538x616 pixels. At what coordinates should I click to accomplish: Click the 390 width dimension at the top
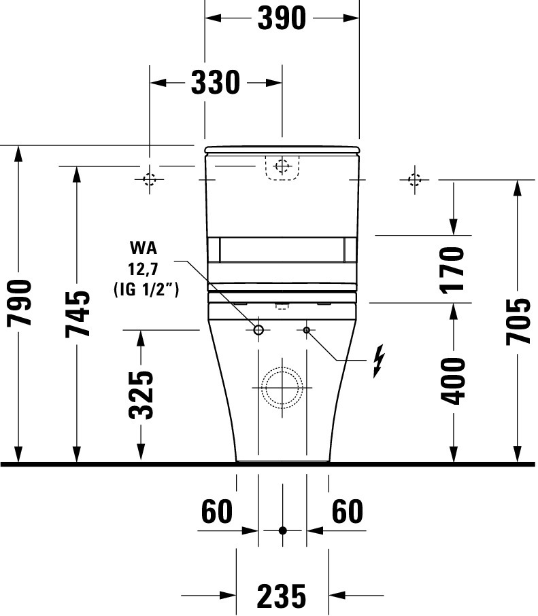click(x=282, y=18)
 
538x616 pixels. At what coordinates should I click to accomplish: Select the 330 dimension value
click(x=215, y=83)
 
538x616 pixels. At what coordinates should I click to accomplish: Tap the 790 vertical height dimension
click(x=20, y=302)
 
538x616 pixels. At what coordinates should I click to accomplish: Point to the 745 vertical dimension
click(x=78, y=314)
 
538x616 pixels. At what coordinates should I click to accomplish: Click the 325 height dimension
click(x=141, y=394)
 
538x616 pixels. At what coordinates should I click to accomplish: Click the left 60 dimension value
click(x=217, y=512)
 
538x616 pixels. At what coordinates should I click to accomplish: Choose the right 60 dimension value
click(x=347, y=512)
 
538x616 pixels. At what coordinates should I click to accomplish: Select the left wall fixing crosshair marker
click(x=150, y=179)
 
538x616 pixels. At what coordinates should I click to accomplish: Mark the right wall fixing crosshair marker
click(x=414, y=179)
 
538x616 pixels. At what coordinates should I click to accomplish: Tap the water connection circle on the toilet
click(x=258, y=330)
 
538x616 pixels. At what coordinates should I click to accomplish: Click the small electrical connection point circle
click(x=306, y=330)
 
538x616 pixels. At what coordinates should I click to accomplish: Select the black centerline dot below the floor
click(x=282, y=530)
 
